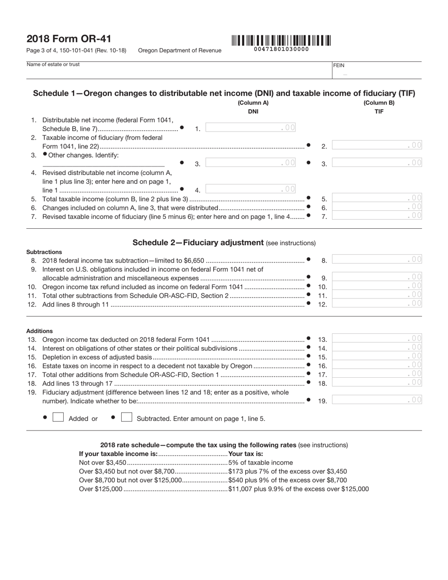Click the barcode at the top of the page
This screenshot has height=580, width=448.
281,41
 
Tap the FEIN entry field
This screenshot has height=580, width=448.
376,73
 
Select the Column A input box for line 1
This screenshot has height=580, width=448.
250,127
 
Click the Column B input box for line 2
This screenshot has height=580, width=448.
376,146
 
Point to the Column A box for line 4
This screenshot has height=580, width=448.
250,189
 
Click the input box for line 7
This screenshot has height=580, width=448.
376,216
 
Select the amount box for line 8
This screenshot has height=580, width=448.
376,259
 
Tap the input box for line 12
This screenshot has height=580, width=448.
376,304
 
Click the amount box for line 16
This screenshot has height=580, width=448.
376,365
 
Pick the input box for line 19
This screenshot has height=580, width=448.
376,400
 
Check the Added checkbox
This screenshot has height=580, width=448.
58,417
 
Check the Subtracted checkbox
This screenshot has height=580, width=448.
126,417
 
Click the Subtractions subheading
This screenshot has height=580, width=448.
44,252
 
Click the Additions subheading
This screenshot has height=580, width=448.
40,331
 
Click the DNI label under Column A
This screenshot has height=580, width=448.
253,112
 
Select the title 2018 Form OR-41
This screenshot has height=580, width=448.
69,39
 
